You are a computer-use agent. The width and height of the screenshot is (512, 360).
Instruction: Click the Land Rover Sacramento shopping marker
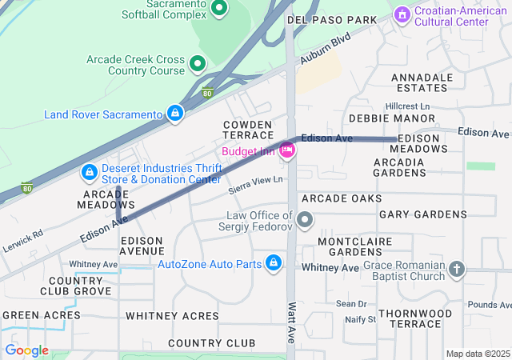pyautogui.click(x=174, y=114)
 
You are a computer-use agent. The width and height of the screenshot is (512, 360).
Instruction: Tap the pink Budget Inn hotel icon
pyautogui.click(x=287, y=150)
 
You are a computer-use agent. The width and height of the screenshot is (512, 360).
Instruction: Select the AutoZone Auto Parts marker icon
pyautogui.click(x=274, y=263)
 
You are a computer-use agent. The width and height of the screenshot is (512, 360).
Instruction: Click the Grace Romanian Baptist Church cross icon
pyautogui.click(x=457, y=270)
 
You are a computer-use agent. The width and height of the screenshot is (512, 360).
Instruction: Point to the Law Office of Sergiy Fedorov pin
pyautogui.click(x=305, y=219)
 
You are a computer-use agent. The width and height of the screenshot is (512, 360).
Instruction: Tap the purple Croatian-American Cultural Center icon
pyautogui.click(x=402, y=14)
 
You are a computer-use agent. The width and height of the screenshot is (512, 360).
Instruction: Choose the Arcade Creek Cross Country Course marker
pyautogui.click(x=198, y=62)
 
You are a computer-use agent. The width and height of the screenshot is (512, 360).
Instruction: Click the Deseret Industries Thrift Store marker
pyautogui.click(x=90, y=173)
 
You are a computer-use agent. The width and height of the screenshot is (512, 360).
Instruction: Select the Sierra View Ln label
pyautogui.click(x=256, y=184)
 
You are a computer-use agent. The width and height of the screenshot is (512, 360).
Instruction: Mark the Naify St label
pyautogui.click(x=360, y=319)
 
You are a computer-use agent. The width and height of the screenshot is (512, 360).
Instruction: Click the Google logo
pyautogui.click(x=26, y=350)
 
